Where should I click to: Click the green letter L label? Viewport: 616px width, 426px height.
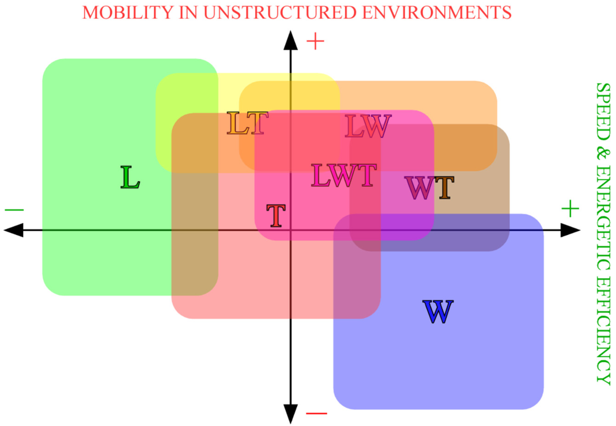(x=130, y=177)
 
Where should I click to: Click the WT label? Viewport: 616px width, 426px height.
(x=429, y=188)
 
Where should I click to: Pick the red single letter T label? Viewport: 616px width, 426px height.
(x=276, y=216)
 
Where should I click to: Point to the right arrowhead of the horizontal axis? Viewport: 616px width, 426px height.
(x=570, y=230)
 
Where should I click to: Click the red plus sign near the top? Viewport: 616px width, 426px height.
(x=316, y=41)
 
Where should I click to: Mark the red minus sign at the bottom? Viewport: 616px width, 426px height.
(x=316, y=413)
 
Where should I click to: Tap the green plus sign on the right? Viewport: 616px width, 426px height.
(x=570, y=209)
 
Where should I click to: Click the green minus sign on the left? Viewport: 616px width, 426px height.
(x=14, y=210)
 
